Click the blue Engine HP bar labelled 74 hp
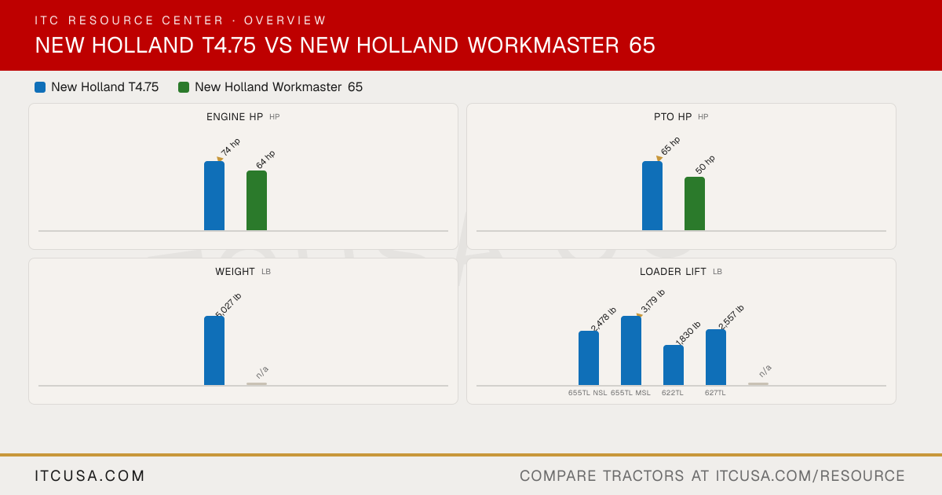pos(214,196)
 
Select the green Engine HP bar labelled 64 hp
pos(257,200)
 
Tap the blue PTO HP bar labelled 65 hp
pos(652,196)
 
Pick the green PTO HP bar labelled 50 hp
pos(695,203)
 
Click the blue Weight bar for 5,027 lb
pos(214,350)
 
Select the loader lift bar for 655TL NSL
pos(589,357)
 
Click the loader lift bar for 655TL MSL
pos(631,350)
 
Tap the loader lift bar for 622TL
pos(674,365)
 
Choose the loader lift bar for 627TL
pos(716,357)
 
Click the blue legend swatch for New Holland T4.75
pos(40,87)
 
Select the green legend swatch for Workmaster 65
pos(184,87)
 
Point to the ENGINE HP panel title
pos(235,116)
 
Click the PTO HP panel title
pos(673,116)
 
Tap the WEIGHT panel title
pos(235,272)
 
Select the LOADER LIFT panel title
pos(673,272)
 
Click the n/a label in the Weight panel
pos(262,372)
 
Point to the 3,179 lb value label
pos(652,302)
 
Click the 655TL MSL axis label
pos(630,393)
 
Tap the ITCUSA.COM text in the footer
pos(89,475)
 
